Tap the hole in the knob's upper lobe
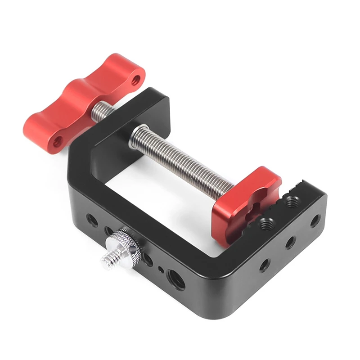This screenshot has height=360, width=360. tap(136, 81)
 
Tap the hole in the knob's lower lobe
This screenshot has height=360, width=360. tap(58, 142)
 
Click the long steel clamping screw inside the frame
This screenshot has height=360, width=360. tap(180, 157)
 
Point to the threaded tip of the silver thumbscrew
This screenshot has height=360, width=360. tap(108, 260)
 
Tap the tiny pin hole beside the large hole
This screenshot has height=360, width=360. tap(161, 270)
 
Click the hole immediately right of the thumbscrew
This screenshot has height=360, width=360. tap(148, 259)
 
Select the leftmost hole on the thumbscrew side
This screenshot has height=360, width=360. tap(92, 220)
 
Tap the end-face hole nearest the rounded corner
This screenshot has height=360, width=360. tap(265, 264)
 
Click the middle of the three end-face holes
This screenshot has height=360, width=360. tap(291, 243)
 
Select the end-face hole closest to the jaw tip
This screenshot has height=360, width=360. tap(315, 220)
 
